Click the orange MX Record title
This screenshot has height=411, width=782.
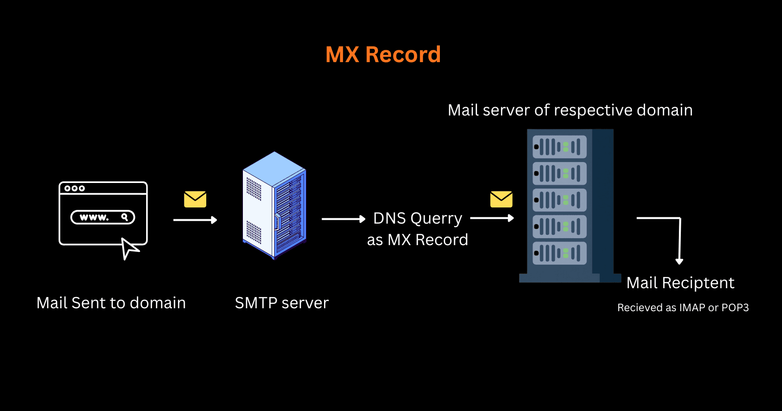click(383, 54)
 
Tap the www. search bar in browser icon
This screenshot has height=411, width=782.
click(103, 217)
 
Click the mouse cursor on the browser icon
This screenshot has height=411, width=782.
click(129, 249)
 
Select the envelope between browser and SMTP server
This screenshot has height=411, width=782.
click(195, 199)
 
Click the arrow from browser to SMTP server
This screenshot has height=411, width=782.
click(195, 220)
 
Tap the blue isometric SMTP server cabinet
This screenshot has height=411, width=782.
click(274, 205)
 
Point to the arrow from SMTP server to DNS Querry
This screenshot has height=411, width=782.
click(343, 219)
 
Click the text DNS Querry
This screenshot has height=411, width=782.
click(417, 218)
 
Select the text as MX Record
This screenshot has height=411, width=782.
click(417, 240)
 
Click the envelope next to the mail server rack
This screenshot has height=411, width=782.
click(501, 199)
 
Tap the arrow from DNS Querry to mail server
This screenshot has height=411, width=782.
click(492, 218)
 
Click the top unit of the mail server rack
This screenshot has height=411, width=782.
click(560, 147)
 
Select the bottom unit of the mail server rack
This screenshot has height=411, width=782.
click(560, 253)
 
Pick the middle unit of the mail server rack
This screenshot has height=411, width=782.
click(560, 200)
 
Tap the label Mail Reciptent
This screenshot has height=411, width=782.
click(680, 283)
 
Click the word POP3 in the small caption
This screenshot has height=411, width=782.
click(735, 308)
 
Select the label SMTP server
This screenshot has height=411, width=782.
click(282, 303)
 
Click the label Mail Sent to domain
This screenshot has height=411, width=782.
click(111, 303)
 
